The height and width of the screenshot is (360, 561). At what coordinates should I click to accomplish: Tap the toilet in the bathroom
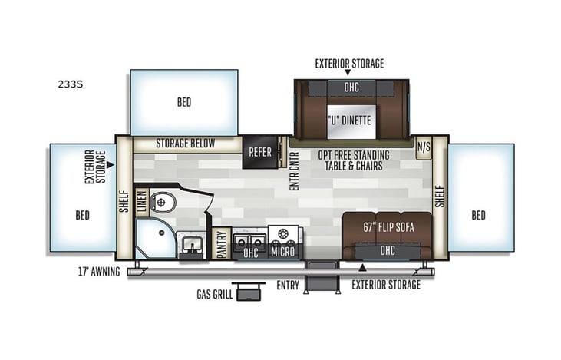[x=163, y=202]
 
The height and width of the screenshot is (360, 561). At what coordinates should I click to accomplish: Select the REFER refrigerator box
[x=259, y=152]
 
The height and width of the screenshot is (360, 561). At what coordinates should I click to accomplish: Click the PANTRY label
[x=222, y=243]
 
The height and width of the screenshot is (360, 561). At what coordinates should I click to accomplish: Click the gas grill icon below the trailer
[x=247, y=292]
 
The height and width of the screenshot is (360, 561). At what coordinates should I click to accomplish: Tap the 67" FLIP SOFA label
[x=387, y=226]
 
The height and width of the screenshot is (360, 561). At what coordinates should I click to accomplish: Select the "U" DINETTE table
[x=349, y=121]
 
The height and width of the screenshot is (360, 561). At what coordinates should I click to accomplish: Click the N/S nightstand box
[x=423, y=146]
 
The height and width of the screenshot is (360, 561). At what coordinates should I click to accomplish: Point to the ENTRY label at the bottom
[x=288, y=285]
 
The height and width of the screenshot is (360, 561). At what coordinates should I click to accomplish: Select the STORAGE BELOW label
[x=186, y=144]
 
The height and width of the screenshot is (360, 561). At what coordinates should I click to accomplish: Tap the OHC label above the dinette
[x=351, y=88]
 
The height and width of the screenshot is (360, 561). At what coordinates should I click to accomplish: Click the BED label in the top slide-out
[x=183, y=102]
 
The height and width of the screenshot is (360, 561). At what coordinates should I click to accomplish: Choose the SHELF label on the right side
[x=440, y=195]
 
